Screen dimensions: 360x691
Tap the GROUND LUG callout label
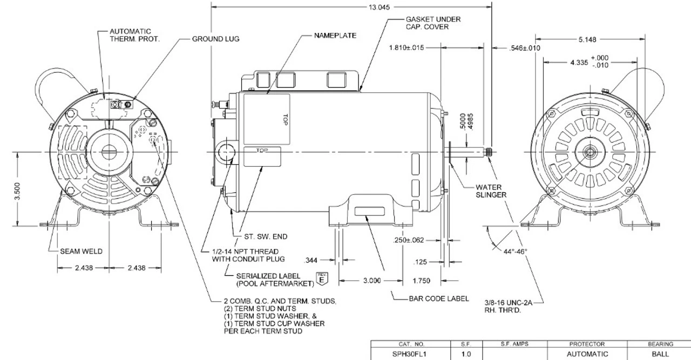coord(215,39)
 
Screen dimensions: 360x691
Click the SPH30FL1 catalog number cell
coord(411,354)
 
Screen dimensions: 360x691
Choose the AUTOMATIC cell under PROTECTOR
coord(587,354)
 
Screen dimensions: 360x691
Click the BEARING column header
coord(661,344)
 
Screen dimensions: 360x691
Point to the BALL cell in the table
coord(661,354)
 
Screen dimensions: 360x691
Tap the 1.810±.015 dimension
coord(407,47)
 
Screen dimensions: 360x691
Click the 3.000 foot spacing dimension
coord(372,281)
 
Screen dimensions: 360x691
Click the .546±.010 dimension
coord(525,48)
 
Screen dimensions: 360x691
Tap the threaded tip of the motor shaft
coord(489,152)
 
